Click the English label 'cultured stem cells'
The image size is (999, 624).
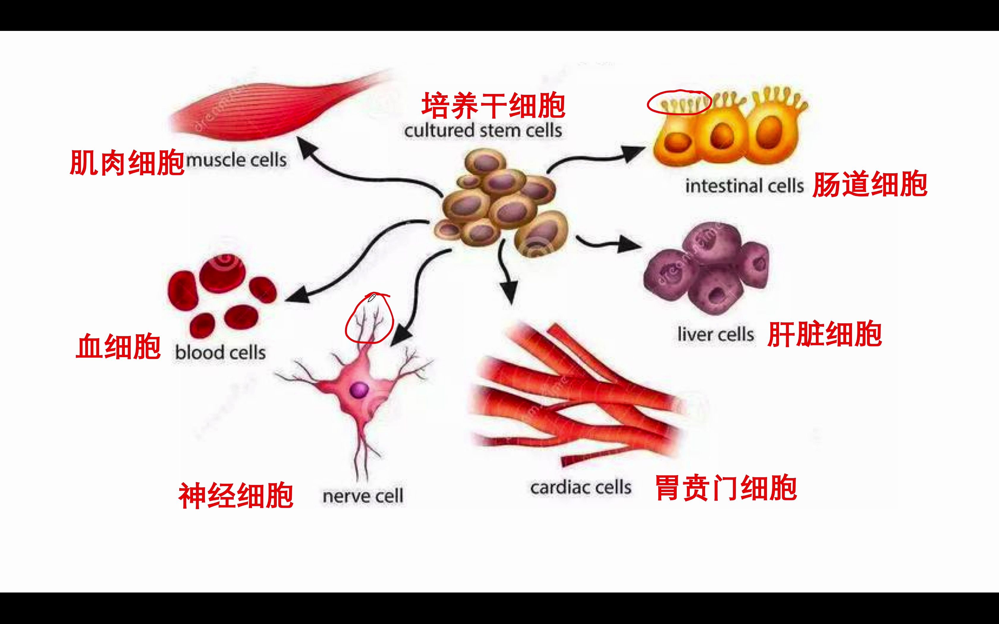coord(483,131)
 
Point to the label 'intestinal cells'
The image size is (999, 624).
coord(744,186)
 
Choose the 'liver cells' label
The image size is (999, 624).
coord(715,334)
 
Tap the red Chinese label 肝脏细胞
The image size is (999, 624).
coord(824,334)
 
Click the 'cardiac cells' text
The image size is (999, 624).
coord(581,487)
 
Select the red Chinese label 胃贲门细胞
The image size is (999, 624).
coord(726,488)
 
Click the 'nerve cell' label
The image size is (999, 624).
coord(363,496)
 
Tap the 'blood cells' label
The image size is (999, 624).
coord(220,352)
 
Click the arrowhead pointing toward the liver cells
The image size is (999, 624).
coord(629,245)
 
